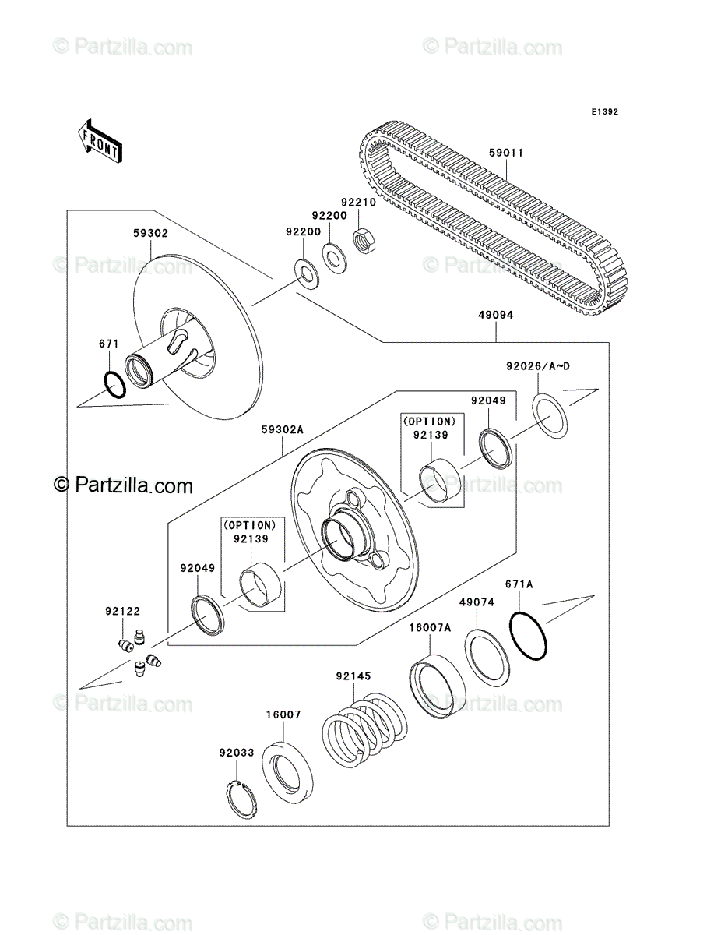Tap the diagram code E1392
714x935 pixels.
605,111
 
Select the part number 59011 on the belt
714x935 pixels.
506,153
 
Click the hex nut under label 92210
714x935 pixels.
364,241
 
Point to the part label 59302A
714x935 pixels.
282,430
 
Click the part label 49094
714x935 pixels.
496,316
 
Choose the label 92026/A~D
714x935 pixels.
538,366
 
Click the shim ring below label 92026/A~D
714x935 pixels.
550,416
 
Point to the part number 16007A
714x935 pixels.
430,627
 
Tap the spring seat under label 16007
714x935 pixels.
287,772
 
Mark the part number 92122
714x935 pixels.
122,612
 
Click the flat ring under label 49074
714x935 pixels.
487,658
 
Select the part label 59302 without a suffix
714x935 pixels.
150,234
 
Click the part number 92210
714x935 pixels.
359,203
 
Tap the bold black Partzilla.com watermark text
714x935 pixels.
123,485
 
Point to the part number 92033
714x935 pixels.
237,753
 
